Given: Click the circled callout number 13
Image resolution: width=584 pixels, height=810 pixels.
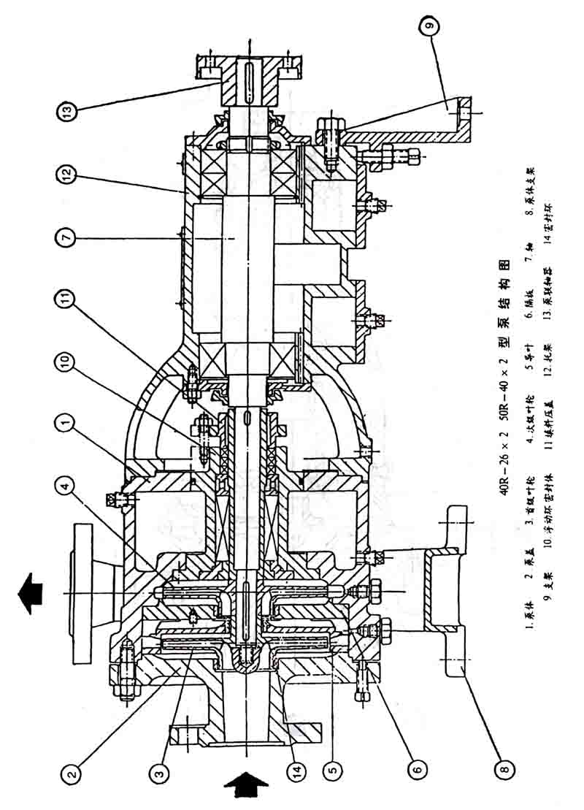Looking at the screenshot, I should coord(68,112).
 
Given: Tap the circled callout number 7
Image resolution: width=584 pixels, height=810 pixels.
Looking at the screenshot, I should coord(68,238).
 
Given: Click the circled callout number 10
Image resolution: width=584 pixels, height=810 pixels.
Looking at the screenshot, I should coord(68,361).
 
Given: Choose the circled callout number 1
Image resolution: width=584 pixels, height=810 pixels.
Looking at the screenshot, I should coord(68,421).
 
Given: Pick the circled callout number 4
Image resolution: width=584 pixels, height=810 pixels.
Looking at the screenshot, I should coord(68,484).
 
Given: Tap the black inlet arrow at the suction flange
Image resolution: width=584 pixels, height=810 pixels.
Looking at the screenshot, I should coord(246,791).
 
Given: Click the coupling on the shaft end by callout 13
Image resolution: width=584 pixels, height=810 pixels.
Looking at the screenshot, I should coord(248,77).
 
